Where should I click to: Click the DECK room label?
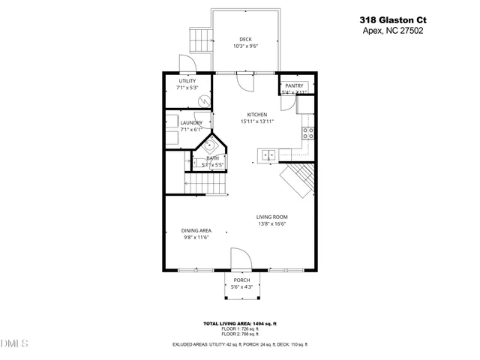(x=245, y=40)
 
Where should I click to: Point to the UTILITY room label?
(x=187, y=81)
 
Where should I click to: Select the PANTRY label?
(x=294, y=86)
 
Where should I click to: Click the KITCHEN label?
(x=257, y=115)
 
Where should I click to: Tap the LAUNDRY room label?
(x=191, y=123)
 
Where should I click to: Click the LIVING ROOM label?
(x=272, y=217)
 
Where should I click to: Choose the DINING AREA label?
(x=196, y=231)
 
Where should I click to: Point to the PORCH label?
(x=241, y=280)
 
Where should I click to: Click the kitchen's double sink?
(x=267, y=155)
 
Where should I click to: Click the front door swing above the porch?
(x=241, y=259)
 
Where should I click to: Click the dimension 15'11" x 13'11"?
(x=257, y=121)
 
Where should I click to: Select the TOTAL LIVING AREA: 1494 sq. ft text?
(x=240, y=323)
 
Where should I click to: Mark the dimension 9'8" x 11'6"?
(x=196, y=238)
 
